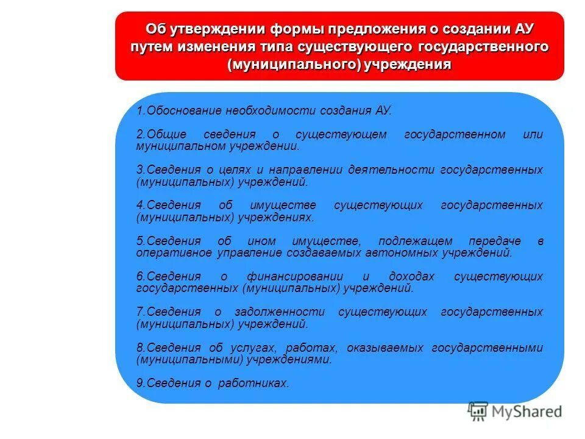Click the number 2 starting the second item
pyautogui.click(x=139, y=135)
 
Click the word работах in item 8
pyautogui.click(x=314, y=348)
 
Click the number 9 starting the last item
pyautogui.click(x=139, y=384)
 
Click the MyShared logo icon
pyautogui.click(x=478, y=412)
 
